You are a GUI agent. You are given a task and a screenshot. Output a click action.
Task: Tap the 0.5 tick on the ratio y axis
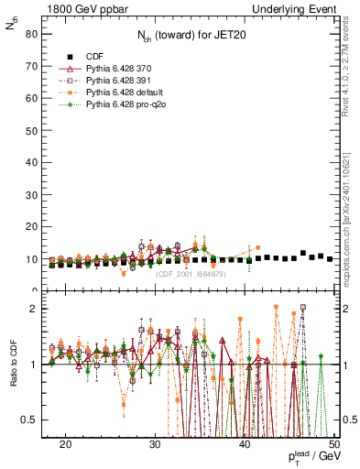point(34,420)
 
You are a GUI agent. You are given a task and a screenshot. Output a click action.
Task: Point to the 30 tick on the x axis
point(155,443)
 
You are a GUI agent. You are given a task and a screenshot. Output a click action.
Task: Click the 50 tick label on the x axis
point(333,443)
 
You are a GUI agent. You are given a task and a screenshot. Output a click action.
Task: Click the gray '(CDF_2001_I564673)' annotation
point(192,274)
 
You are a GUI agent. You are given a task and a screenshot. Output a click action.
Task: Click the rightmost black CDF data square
point(330,259)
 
